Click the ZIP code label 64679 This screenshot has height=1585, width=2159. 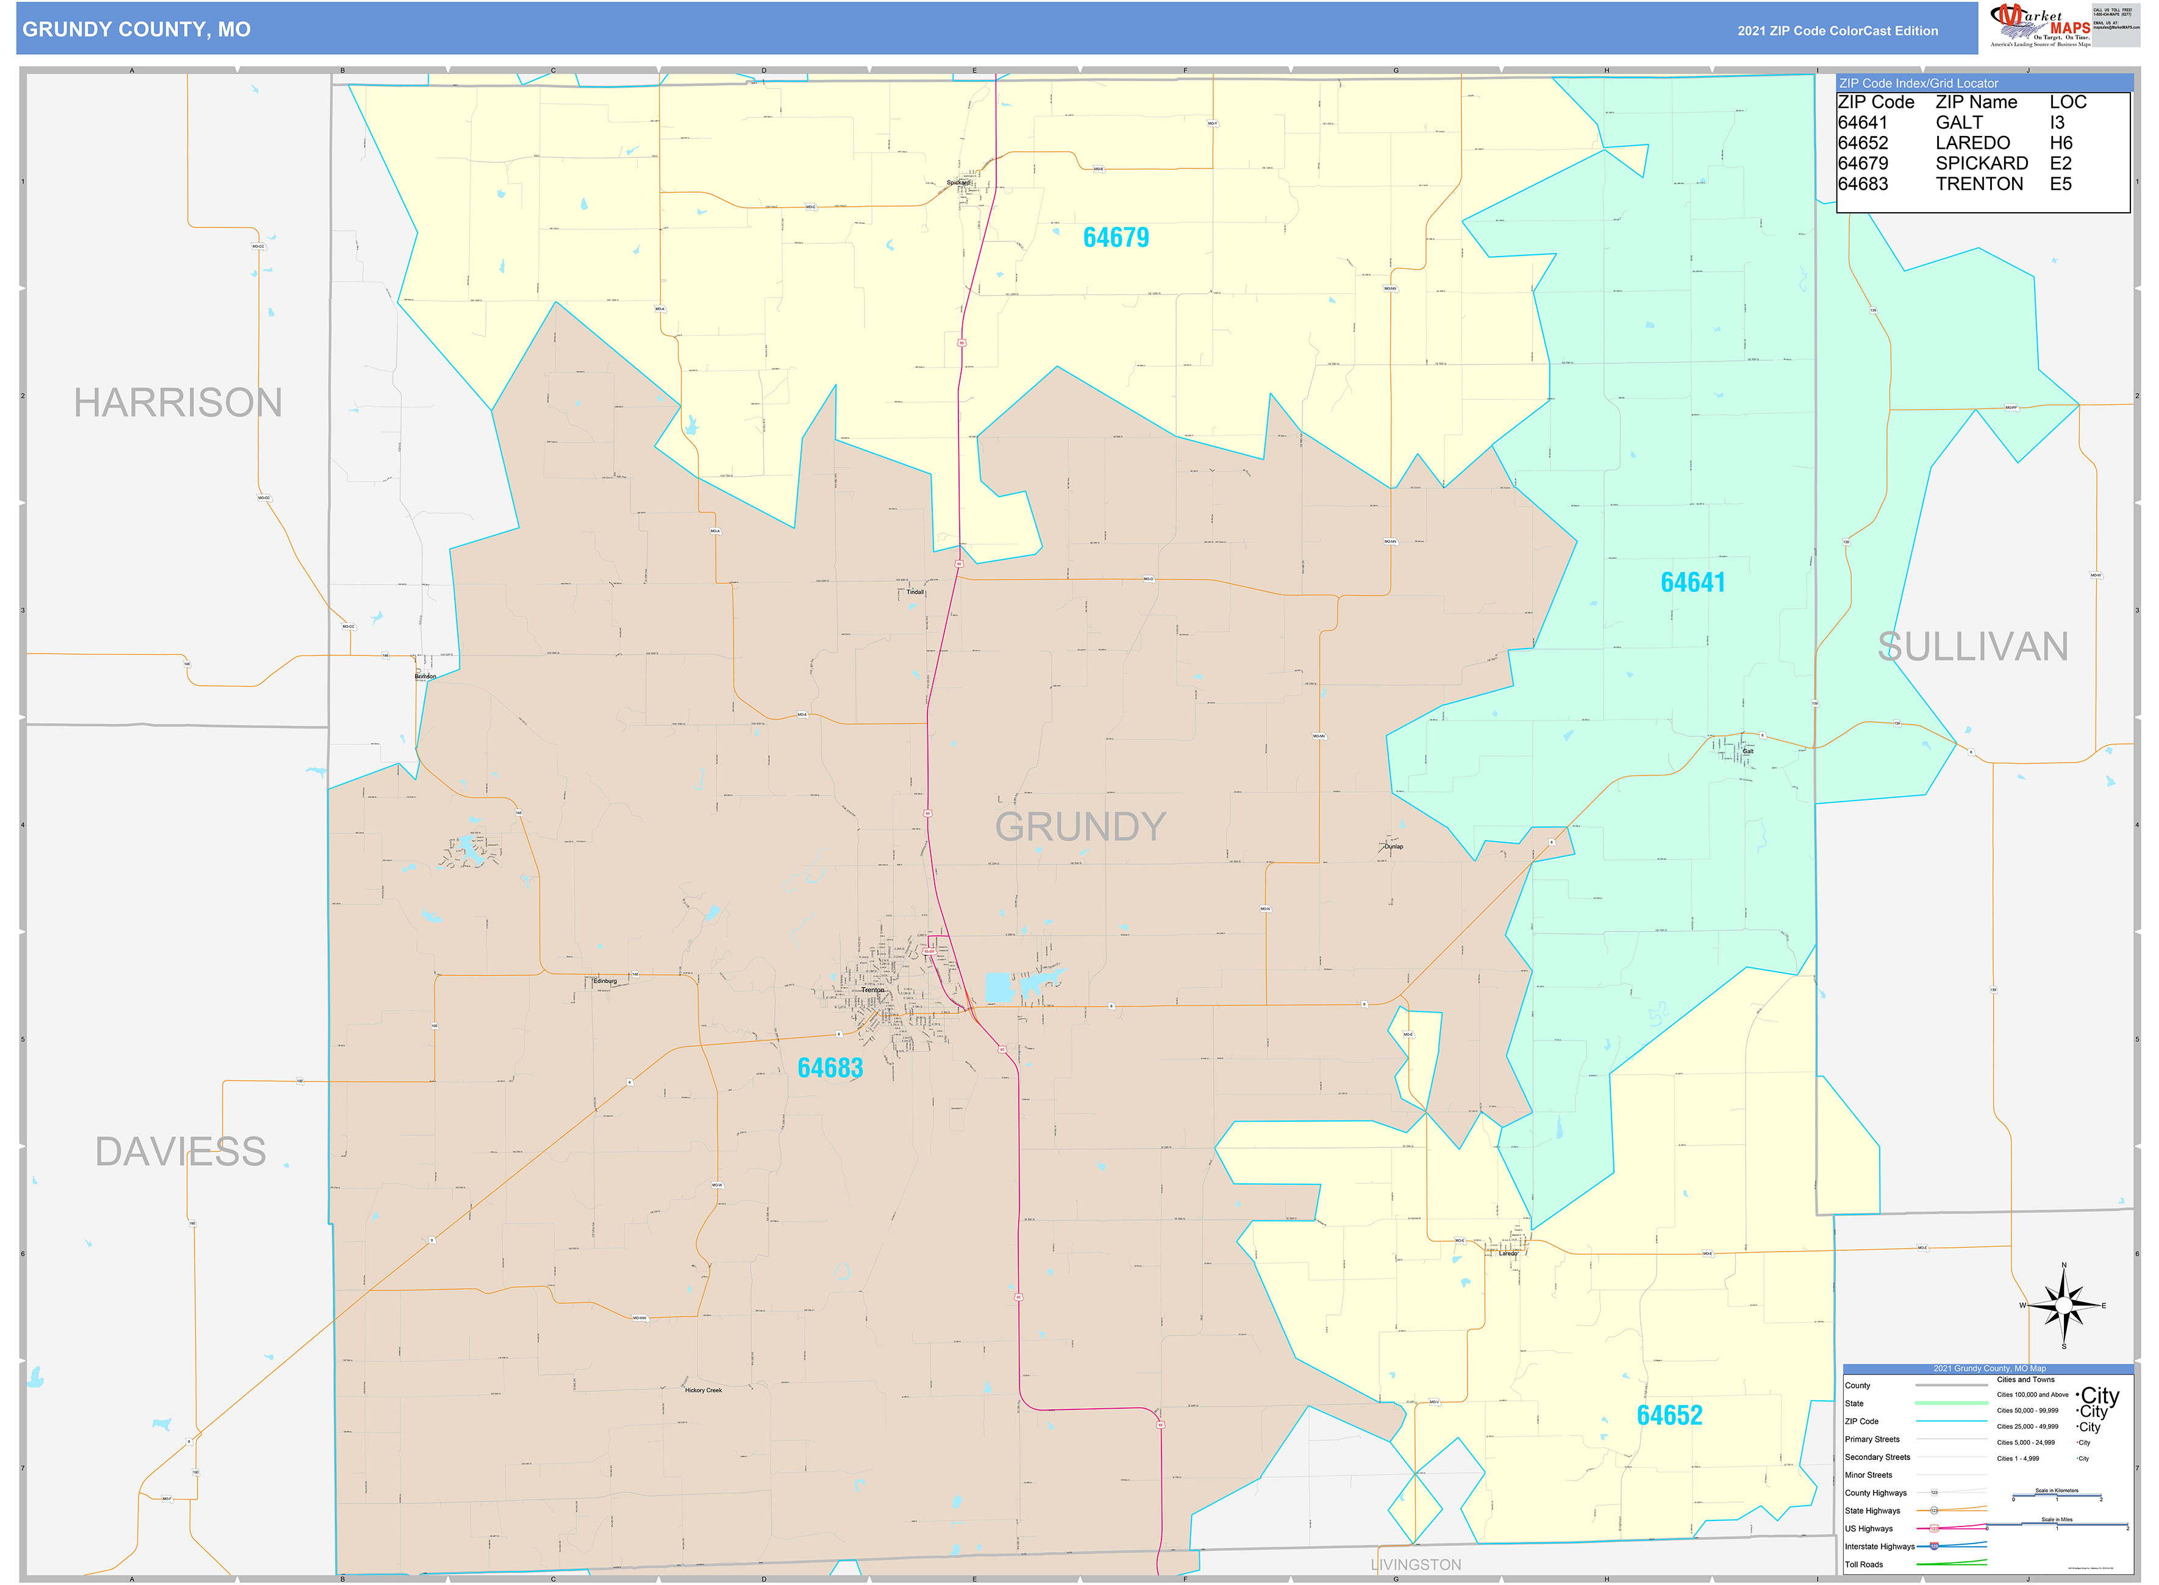(x=1115, y=238)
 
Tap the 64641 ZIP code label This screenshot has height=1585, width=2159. (x=1692, y=582)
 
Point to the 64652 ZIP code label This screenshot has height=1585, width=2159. (x=1669, y=1415)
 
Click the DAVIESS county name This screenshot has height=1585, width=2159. (x=180, y=1152)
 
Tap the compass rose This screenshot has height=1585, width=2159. (x=2063, y=1305)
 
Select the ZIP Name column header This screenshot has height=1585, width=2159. (x=1975, y=102)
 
